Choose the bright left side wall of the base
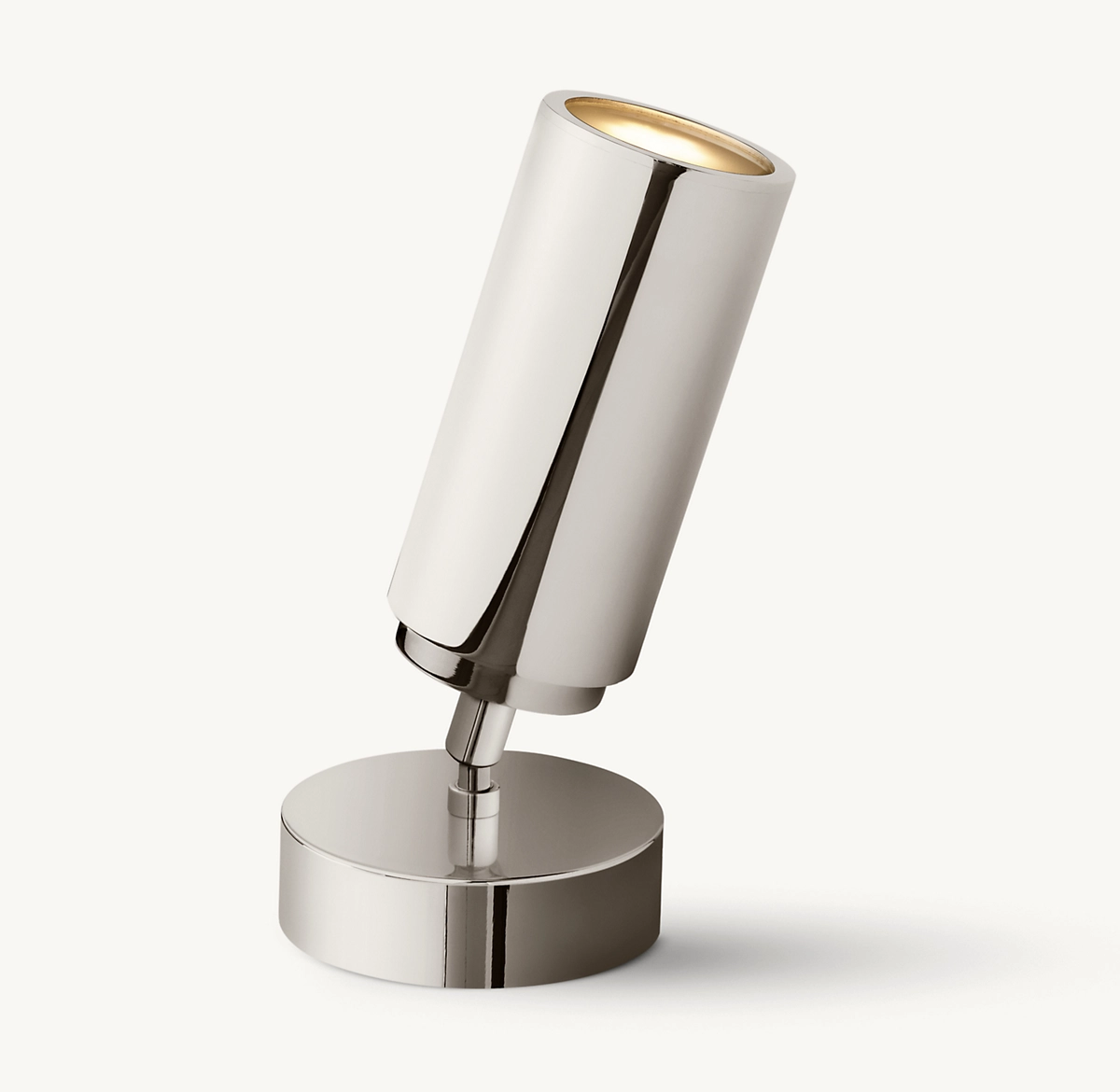coord(355,924)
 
